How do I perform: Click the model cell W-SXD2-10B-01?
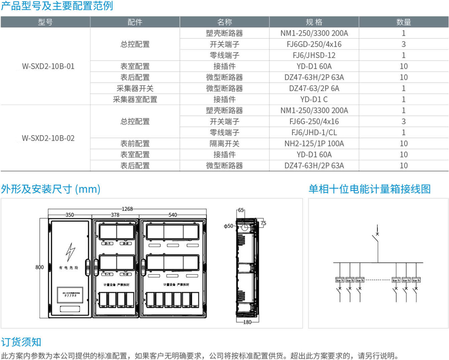[48, 66]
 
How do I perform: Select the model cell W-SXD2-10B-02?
[48, 138]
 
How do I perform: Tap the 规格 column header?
[314, 22]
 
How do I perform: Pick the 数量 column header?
[404, 22]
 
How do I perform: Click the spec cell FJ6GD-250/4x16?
[314, 44]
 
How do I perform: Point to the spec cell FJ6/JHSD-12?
[314, 55]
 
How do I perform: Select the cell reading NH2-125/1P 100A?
[314, 143]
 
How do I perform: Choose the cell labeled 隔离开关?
[224, 143]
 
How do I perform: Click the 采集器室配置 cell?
[135, 99]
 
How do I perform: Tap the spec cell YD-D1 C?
[314, 99]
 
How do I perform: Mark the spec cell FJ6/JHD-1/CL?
[314, 132]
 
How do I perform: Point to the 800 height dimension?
[40, 267]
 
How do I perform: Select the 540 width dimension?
[173, 215]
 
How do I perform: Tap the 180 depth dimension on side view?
[247, 322]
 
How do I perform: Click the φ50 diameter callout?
[228, 226]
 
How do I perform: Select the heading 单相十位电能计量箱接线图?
[369, 189]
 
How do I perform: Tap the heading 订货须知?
[21, 342]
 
